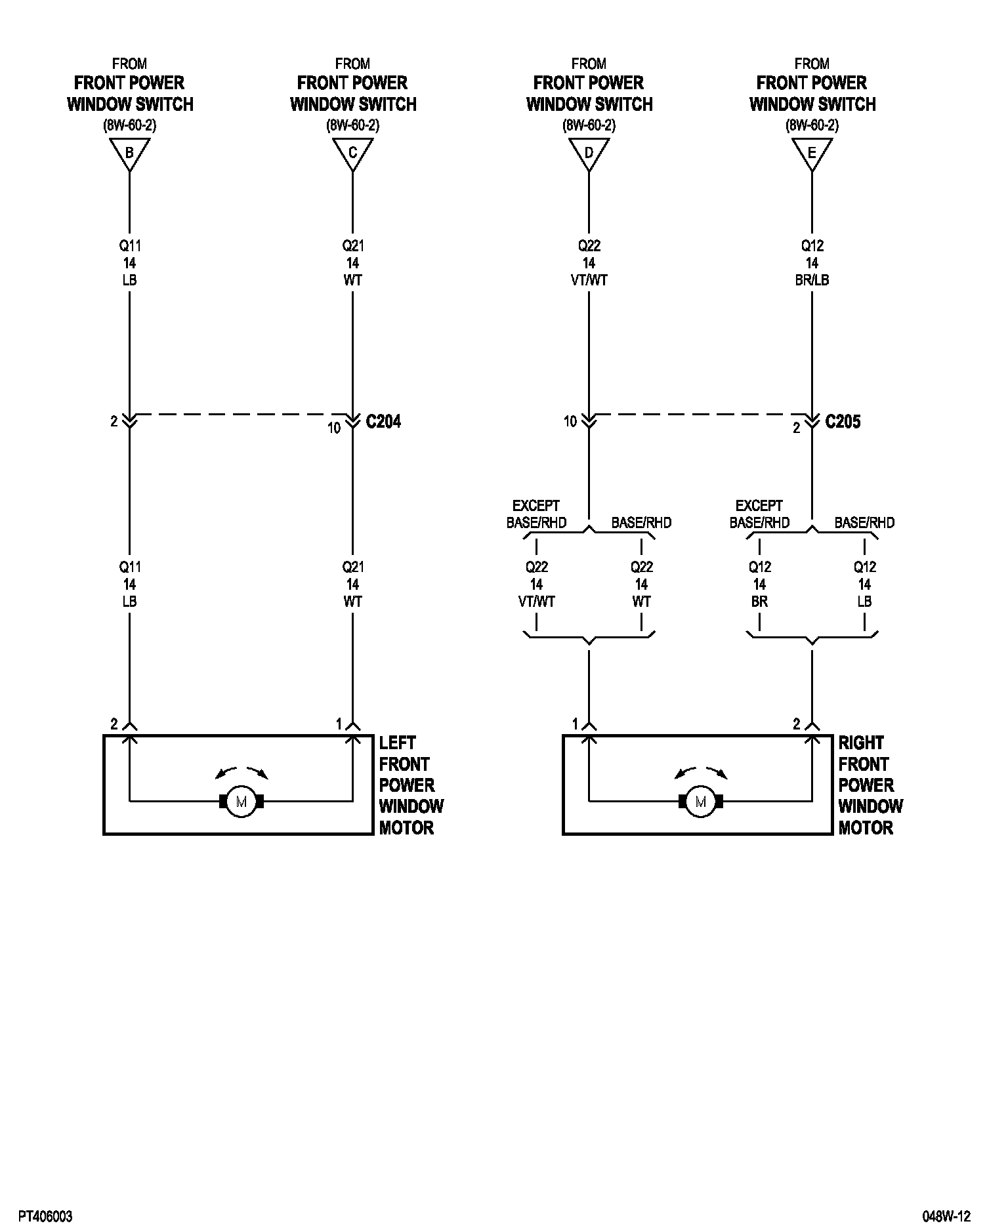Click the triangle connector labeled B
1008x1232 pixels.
[x=129, y=154]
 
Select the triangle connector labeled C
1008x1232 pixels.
[x=352, y=154]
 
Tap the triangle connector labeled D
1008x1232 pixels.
[x=589, y=154]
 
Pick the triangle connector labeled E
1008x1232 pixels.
[x=812, y=154]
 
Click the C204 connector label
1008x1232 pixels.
[x=383, y=421]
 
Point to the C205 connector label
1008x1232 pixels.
[x=843, y=421]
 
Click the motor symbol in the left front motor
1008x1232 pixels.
[x=241, y=801]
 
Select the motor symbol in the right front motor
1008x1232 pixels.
[x=700, y=801]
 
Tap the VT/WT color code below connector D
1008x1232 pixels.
[x=589, y=280]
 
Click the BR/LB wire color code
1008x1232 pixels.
[x=812, y=280]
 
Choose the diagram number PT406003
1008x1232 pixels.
[x=45, y=1216]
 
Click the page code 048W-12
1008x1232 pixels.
[x=946, y=1216]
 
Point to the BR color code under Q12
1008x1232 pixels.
[x=759, y=602]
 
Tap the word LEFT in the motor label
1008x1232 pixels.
[x=397, y=743]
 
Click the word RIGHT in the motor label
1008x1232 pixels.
[x=861, y=743]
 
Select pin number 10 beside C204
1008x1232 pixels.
[x=334, y=428]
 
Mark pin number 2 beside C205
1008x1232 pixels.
[x=797, y=428]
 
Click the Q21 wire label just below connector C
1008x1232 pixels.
[x=352, y=246]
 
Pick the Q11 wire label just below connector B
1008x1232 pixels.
[x=129, y=246]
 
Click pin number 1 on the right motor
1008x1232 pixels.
[x=575, y=724]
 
